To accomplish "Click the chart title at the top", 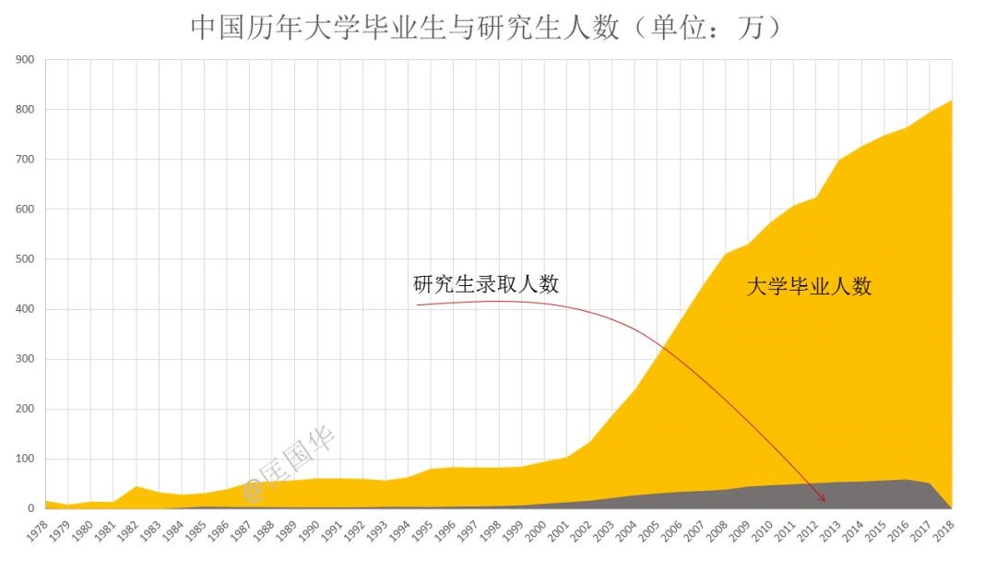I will pos(486,28).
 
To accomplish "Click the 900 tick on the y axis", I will pos(25,60).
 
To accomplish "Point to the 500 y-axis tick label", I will pos(25,259).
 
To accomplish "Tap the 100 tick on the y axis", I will pos(25,459).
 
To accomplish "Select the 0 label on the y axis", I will pos(30,508).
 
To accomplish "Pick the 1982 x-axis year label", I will pos(125,532).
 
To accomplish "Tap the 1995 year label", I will pos(422,532).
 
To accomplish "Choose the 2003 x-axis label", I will pos(605,532).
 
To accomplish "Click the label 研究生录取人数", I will pos(486,284).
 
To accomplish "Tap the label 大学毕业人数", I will pos(809,287).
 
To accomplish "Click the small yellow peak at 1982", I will pos(136,486).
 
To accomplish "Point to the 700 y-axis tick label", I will pos(25,160).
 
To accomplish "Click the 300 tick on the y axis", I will pos(25,359).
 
